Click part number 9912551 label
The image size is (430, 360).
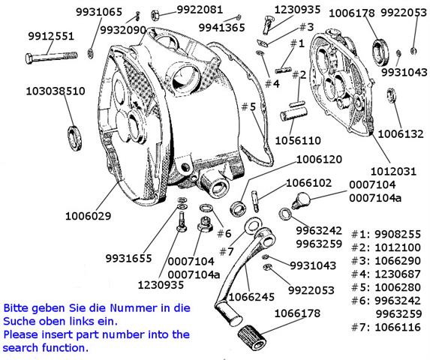(x=51, y=36)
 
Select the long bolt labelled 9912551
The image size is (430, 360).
(x=51, y=57)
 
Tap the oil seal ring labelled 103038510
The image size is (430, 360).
(x=74, y=138)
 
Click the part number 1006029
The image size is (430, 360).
(x=88, y=216)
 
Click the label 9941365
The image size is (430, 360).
(x=221, y=28)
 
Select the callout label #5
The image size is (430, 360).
(x=248, y=106)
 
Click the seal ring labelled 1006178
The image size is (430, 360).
(x=380, y=52)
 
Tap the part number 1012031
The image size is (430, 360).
(x=393, y=172)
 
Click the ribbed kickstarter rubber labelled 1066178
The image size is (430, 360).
(x=251, y=337)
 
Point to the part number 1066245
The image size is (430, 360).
(x=251, y=297)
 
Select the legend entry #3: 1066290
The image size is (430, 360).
(x=386, y=260)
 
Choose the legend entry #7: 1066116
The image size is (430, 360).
(x=386, y=327)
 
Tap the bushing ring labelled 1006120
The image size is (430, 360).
(x=238, y=208)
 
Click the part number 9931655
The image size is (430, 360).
(x=128, y=258)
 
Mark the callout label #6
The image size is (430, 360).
(x=224, y=233)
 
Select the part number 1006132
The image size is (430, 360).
(x=401, y=134)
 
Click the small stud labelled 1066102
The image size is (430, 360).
(x=255, y=201)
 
